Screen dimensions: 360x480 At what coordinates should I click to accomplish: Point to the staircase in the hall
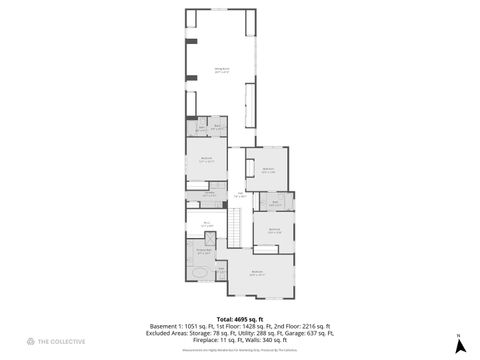point(237,233)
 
